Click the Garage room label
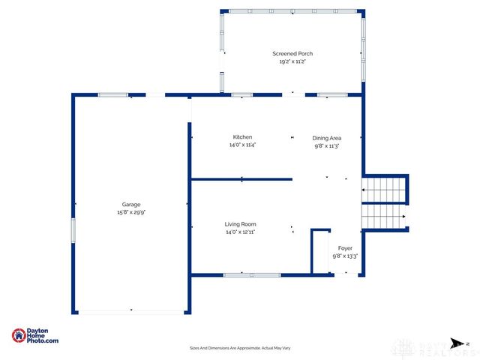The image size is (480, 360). coord(131,205)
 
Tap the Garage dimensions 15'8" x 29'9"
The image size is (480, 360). coord(131,212)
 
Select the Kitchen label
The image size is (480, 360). coord(242,137)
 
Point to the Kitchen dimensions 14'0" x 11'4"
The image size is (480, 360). coord(242,145)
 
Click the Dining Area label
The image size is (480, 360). coord(327,138)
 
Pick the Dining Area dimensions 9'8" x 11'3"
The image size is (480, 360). coord(327,145)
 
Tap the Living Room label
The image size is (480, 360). coord(241,224)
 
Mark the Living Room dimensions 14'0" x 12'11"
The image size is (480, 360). coord(241,232)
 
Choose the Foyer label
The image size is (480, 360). coord(345,248)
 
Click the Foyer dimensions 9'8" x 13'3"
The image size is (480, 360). coord(345,256)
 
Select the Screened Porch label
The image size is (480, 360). coord(292,54)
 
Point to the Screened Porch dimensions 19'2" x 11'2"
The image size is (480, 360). coord(292,61)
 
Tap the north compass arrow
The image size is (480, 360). coord(455,342)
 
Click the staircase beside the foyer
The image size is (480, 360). coord(385,201)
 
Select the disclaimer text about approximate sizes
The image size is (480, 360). coord(240,348)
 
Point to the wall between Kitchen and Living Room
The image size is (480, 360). coord(241,179)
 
